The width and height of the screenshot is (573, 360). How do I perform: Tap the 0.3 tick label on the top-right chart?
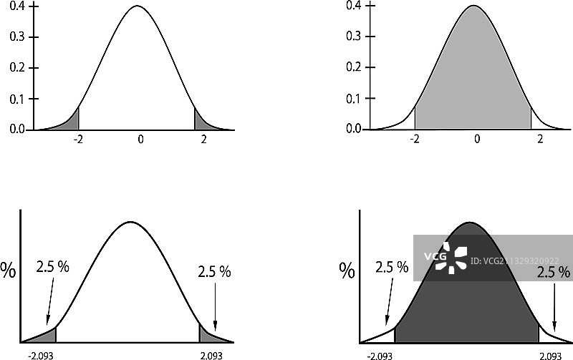(x=353, y=37)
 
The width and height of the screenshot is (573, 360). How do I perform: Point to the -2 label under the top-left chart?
(x=79, y=140)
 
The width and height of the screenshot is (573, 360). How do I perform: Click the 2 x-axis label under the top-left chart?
(x=204, y=140)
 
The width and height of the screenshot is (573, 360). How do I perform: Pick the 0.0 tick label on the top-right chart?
(x=353, y=130)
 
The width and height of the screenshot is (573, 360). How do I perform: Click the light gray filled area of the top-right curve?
(x=473, y=79)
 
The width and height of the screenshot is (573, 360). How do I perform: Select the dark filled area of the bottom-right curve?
(x=466, y=301)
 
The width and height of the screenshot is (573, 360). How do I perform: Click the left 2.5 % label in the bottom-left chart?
(x=53, y=267)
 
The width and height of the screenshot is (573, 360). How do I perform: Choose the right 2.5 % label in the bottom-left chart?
(x=214, y=271)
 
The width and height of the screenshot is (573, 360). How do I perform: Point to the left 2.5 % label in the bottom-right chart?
(x=392, y=268)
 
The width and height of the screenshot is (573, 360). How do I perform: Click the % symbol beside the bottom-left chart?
(x=9, y=271)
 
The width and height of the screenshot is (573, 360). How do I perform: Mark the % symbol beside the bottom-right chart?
(x=347, y=271)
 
